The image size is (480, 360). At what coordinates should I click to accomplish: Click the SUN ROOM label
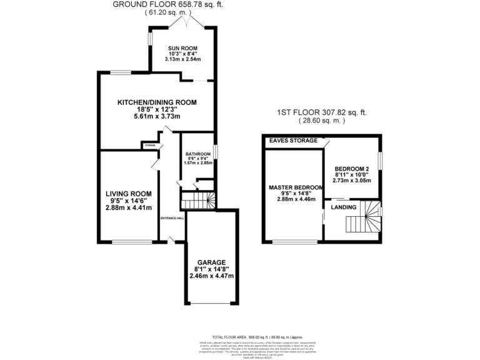[x=182, y=47]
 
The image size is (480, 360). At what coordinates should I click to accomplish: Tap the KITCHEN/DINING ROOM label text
[x=157, y=102]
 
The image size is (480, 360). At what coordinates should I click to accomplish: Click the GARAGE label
[x=212, y=262]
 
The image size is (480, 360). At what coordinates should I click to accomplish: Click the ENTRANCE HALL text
[x=172, y=218]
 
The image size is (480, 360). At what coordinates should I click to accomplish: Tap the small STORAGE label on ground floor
[x=150, y=146]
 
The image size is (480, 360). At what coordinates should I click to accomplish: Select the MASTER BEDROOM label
[x=296, y=187]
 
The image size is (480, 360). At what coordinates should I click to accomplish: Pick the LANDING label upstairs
[x=344, y=207]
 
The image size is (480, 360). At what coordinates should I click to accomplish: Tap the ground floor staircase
[x=197, y=201]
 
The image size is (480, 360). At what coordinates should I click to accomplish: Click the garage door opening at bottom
[x=212, y=304]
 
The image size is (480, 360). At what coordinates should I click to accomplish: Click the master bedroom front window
[x=294, y=241]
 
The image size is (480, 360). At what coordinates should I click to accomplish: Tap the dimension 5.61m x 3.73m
[x=157, y=117]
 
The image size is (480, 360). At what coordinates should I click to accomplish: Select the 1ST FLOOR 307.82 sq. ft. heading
[x=322, y=112]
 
